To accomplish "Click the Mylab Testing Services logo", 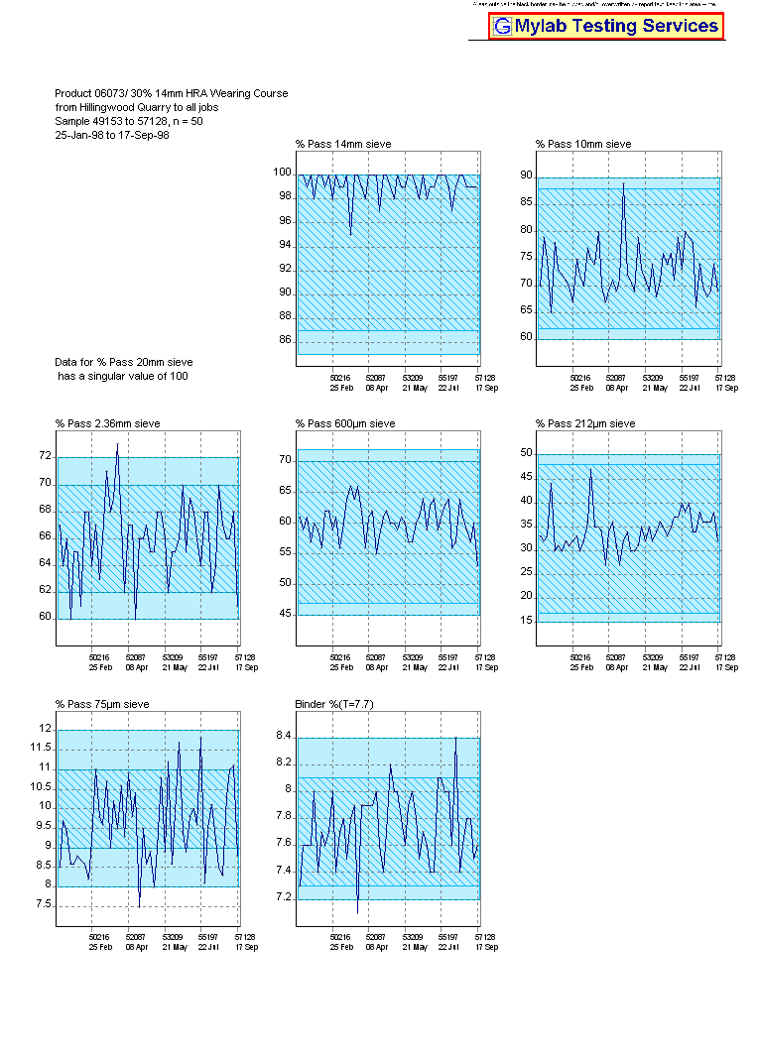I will pyautogui.click(x=606, y=27).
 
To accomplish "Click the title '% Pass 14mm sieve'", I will pyautogui.click(x=343, y=145).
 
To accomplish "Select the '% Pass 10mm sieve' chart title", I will pyautogui.click(x=583, y=145).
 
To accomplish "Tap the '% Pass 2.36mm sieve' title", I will pyautogui.click(x=107, y=424).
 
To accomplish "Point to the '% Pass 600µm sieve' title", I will pyautogui.click(x=345, y=424).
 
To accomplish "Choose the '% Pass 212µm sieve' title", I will pyautogui.click(x=585, y=424).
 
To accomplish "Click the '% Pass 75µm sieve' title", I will pyautogui.click(x=102, y=705).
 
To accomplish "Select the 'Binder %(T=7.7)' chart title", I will pyautogui.click(x=334, y=705).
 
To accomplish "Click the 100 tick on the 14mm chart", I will pyautogui.click(x=283, y=173).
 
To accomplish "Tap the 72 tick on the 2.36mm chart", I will pyautogui.click(x=45, y=457).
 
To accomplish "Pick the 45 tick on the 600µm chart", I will pyautogui.click(x=286, y=615).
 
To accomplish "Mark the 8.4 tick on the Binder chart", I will pyautogui.click(x=284, y=737).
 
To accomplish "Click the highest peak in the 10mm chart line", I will pyautogui.click(x=623, y=183).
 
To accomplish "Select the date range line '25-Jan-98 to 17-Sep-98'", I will pyautogui.click(x=112, y=135).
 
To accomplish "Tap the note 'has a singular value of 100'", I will pyautogui.click(x=122, y=377).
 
